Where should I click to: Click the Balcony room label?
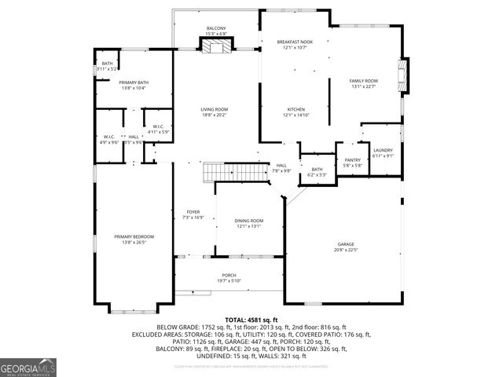[216, 28]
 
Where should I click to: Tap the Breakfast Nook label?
[296, 42]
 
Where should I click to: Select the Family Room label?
[364, 81]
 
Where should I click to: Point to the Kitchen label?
[296, 109]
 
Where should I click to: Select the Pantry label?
[352, 159]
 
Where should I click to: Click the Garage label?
[346, 244]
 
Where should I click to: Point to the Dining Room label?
[248, 221]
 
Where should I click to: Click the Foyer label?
[193, 211]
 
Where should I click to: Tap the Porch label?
[229, 275]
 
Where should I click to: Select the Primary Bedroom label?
[134, 236]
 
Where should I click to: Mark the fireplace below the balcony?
[215, 46]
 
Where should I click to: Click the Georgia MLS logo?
[28, 367]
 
